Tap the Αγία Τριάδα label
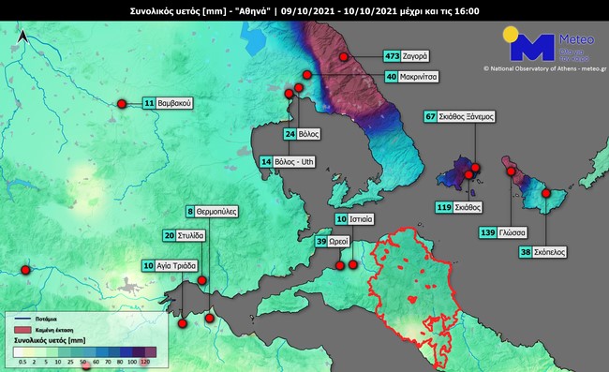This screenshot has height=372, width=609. click(179, 266)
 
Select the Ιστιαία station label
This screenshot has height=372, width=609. click(364, 219)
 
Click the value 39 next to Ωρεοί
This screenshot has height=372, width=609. click(321, 242)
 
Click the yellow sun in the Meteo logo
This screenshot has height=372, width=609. click(510, 36)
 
